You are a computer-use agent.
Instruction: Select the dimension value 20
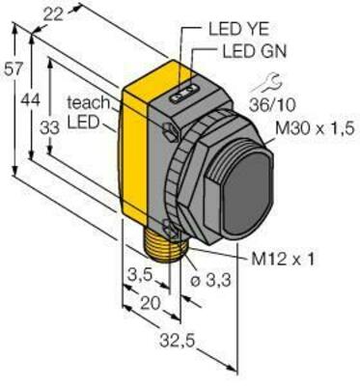[146, 304]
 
